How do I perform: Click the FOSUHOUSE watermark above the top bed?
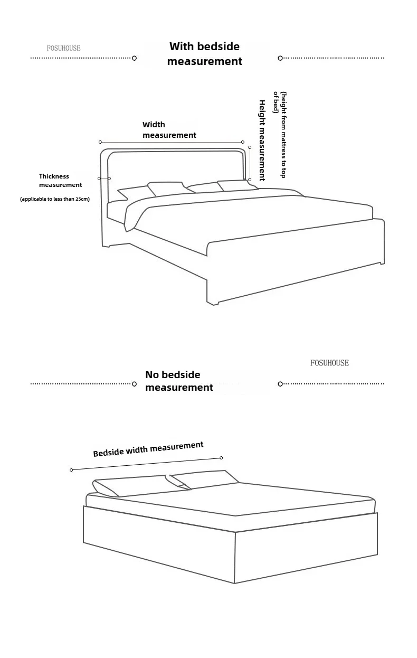(x=63, y=48)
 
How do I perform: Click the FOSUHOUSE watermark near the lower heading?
(x=329, y=363)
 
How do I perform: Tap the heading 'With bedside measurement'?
(x=204, y=54)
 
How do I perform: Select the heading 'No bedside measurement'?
(x=179, y=381)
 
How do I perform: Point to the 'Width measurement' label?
(x=169, y=130)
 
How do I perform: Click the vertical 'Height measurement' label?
(x=262, y=140)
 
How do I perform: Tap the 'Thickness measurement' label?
(x=60, y=181)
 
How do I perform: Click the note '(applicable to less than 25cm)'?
(x=55, y=199)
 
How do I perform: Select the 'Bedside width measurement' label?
(x=148, y=449)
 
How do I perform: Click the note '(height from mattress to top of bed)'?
(x=279, y=135)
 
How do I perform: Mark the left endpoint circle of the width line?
(x=100, y=142)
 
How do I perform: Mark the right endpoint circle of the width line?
(x=243, y=142)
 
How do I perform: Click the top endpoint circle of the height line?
(x=250, y=148)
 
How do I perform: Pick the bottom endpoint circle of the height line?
(x=250, y=180)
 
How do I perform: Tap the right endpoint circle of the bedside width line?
(x=221, y=458)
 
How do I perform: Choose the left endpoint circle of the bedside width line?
(x=71, y=470)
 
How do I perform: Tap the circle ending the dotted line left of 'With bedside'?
(x=134, y=58)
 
